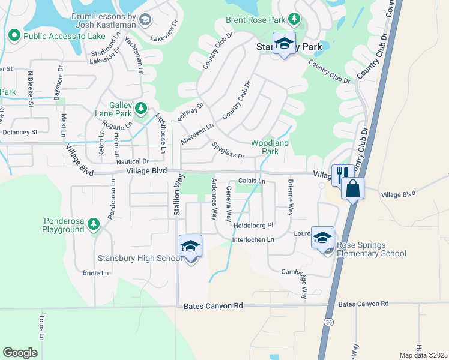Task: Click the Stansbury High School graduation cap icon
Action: pyautogui.click(x=190, y=247)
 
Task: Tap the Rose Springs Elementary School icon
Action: pyautogui.click(x=322, y=238)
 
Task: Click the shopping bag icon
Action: pyautogui.click(x=353, y=188)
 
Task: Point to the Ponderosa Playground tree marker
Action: pyautogui.click(x=93, y=224)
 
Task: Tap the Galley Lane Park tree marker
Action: pyautogui.click(x=140, y=109)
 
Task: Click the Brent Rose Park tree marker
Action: pyautogui.click(x=294, y=20)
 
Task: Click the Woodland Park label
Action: pyautogui.click(x=270, y=147)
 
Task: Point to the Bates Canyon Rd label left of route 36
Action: pyautogui.click(x=213, y=305)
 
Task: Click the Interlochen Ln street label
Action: pyautogui.click(x=253, y=239)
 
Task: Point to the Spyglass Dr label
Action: pyautogui.click(x=228, y=151)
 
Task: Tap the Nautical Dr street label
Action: pyautogui.click(x=133, y=161)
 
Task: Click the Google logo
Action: pyautogui.click(x=20, y=353)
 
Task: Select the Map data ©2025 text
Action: pyautogui.click(x=423, y=355)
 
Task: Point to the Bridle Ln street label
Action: pyautogui.click(x=95, y=273)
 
